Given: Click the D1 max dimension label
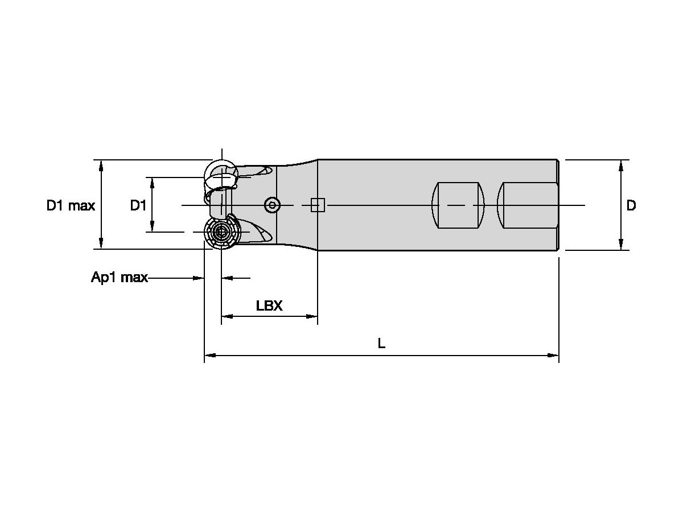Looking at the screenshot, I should pos(71,205).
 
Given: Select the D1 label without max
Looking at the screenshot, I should pos(138,205).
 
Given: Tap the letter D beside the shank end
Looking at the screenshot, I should pos(631,205).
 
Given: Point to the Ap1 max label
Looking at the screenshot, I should pos(120,278).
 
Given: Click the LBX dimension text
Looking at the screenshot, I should pos(269,305).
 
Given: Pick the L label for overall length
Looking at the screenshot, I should pos(381,343).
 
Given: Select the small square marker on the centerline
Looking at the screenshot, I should pos(318,205).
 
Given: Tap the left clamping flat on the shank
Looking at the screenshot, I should pos(457,205).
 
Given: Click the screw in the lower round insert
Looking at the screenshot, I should pos(221,233).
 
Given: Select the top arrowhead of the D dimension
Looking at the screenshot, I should pos(621,165).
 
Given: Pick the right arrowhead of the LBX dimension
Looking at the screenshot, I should pos(312,316).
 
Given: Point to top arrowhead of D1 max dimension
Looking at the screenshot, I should pos(101,165).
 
